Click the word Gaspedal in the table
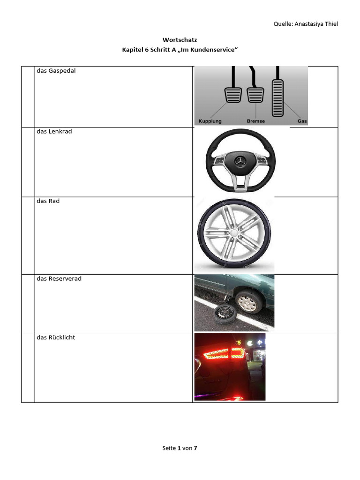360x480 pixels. [x=62, y=71]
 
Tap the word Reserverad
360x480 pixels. [x=65, y=278]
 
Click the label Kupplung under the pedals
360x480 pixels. [x=210, y=121]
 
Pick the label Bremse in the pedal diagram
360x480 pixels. [x=255, y=121]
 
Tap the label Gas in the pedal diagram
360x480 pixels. [x=302, y=121]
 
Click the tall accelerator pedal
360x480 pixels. [x=277, y=98]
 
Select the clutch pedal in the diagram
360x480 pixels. [x=233, y=95]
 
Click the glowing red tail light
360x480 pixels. [x=224, y=353]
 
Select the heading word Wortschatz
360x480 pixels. [x=180, y=40]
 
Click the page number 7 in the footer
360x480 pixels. [x=195, y=448]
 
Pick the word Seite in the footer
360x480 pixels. [x=169, y=448]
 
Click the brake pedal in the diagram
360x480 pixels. [x=255, y=95]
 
